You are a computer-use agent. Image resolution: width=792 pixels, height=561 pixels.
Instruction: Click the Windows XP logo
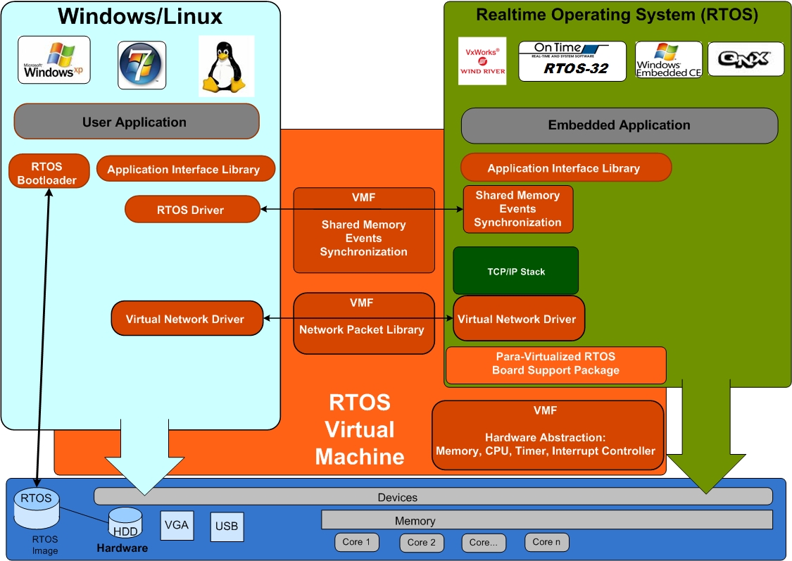pyautogui.click(x=54, y=60)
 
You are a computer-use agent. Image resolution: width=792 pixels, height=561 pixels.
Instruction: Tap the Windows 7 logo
pyautogui.click(x=142, y=65)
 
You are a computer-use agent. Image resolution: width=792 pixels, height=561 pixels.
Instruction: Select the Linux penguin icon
pyautogui.click(x=226, y=66)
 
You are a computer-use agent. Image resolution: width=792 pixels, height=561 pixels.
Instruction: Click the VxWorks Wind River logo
pyautogui.click(x=482, y=61)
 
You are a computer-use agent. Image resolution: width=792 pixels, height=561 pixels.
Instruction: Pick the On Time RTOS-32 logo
pyautogui.click(x=572, y=61)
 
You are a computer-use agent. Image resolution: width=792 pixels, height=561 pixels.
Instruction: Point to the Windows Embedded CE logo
pyautogui.click(x=668, y=60)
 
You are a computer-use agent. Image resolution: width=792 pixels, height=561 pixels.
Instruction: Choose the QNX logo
pyautogui.click(x=746, y=59)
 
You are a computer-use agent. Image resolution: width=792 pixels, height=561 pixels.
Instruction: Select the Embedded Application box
pyautogui.click(x=619, y=125)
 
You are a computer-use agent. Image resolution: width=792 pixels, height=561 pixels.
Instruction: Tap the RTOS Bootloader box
pyautogui.click(x=49, y=172)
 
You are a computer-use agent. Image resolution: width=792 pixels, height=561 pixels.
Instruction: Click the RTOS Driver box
pyautogui.click(x=192, y=210)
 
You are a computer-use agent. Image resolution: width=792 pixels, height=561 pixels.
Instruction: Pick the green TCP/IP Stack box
pyautogui.click(x=516, y=271)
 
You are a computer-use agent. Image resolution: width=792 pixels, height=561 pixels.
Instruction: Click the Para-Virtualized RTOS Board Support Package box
pyautogui.click(x=555, y=365)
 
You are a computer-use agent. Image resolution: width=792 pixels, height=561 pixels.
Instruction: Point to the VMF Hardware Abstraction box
pyautogui.click(x=548, y=435)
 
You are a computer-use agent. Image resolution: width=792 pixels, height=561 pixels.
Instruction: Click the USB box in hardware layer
pyautogui.click(x=227, y=527)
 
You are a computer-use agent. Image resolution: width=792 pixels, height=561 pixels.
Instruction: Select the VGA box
pyautogui.click(x=177, y=525)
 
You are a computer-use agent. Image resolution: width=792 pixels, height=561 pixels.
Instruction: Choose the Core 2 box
pyautogui.click(x=422, y=543)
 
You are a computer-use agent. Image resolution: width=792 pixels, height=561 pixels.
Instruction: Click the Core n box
pyautogui.click(x=546, y=542)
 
